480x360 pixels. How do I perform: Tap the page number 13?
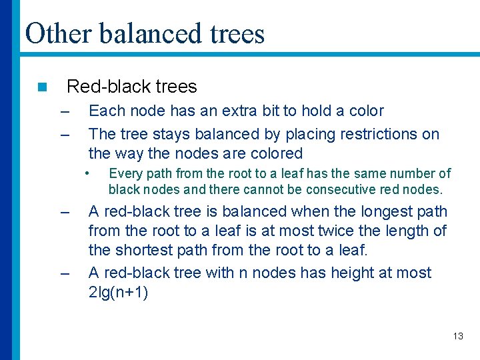click(x=458, y=336)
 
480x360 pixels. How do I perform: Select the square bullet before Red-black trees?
click(x=42, y=87)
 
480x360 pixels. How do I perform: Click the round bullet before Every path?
click(x=87, y=173)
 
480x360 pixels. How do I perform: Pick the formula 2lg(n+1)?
click(x=118, y=293)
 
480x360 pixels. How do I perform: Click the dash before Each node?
click(x=65, y=111)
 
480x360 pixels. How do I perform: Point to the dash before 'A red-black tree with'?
click(x=65, y=273)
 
